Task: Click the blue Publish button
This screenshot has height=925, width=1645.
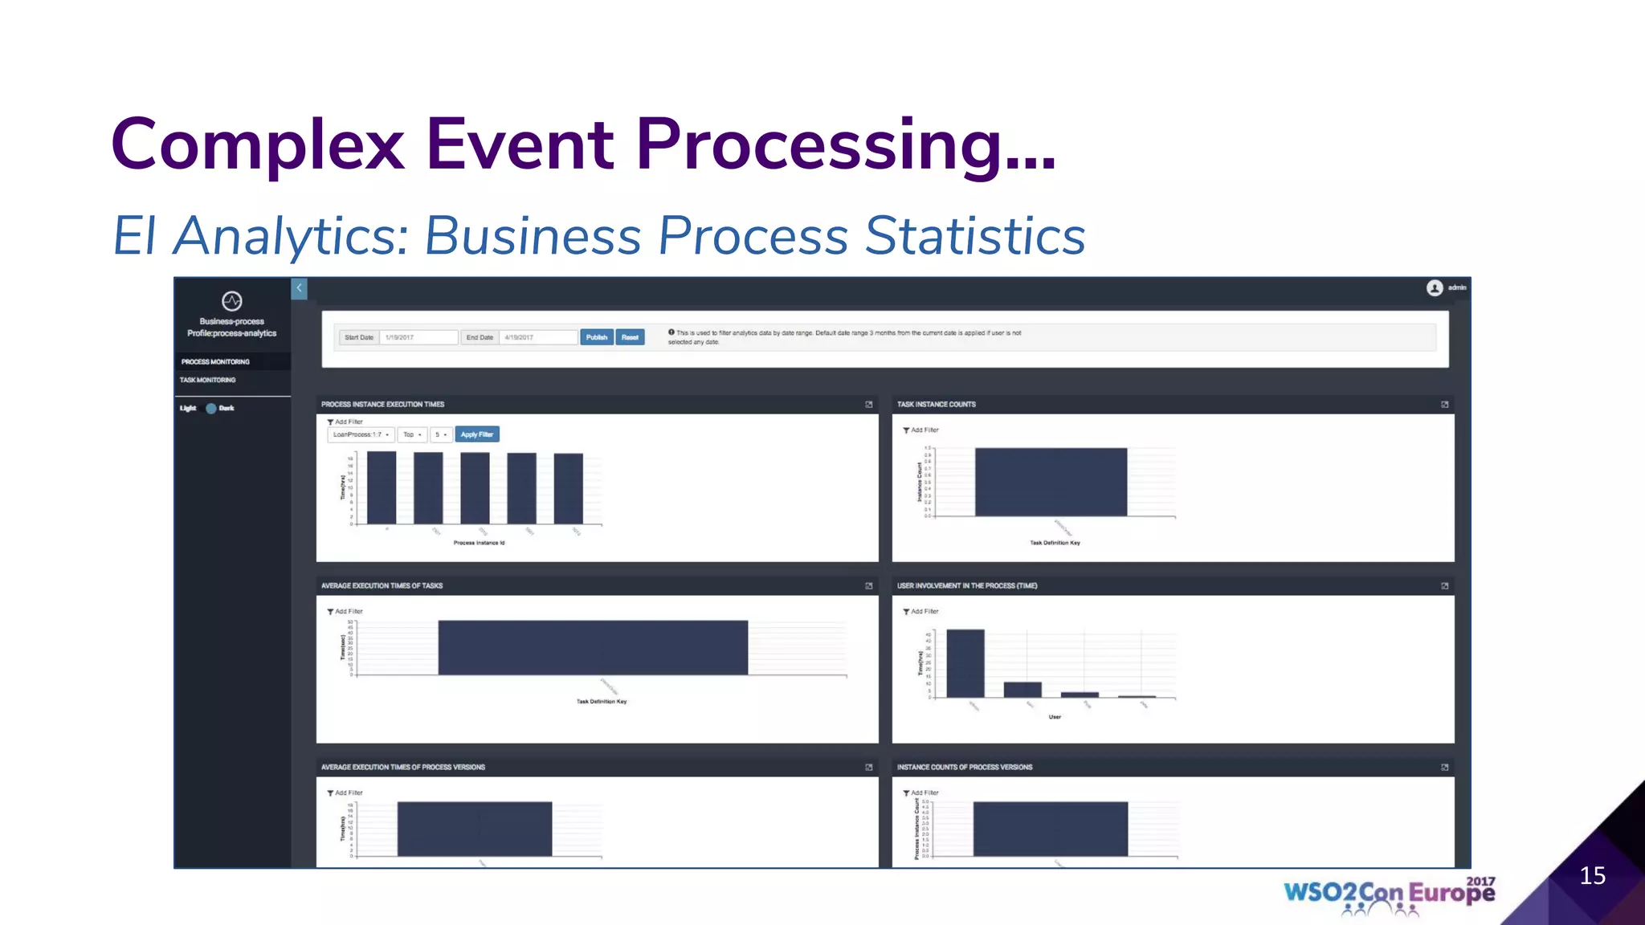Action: point(597,337)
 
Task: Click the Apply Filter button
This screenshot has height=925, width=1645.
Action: point(477,434)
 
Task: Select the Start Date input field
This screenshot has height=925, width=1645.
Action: point(418,337)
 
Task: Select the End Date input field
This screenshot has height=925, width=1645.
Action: point(537,337)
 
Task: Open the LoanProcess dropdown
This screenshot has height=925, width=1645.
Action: point(361,434)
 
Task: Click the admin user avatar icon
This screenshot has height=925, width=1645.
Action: point(1435,288)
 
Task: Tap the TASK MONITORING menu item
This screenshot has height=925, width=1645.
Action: point(208,380)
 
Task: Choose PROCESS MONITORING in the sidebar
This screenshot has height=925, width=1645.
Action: point(215,361)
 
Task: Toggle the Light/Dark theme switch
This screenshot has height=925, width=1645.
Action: point(211,408)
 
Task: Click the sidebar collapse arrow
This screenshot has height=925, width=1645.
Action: point(299,288)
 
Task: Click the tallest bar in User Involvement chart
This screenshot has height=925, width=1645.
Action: point(965,663)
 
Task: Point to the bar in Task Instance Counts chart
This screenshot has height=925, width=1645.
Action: point(1051,482)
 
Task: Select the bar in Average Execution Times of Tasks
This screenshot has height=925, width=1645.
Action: point(593,647)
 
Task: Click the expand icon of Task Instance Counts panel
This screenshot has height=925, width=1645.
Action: point(1444,405)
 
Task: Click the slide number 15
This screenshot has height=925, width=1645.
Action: point(1592,875)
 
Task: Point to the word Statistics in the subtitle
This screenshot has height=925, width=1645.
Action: point(975,236)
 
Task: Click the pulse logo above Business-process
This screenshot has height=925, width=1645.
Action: point(232,301)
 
